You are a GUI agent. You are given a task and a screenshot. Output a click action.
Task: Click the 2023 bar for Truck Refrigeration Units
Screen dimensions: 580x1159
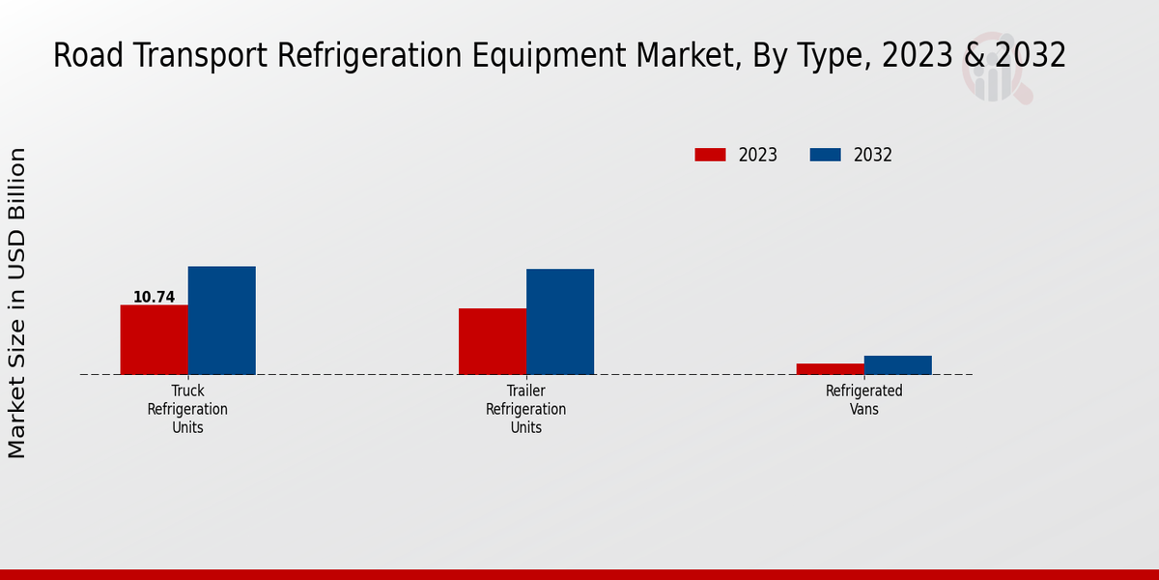coord(154,339)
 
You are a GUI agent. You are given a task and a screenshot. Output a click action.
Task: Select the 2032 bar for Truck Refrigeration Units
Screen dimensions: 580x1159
coord(221,320)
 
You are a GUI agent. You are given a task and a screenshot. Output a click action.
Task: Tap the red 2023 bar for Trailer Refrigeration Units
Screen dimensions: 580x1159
coord(493,341)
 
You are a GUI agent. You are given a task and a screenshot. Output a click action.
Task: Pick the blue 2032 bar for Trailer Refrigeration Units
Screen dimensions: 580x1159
coord(560,321)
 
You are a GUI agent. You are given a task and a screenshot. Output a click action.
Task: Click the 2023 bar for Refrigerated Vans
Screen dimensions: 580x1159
coord(830,368)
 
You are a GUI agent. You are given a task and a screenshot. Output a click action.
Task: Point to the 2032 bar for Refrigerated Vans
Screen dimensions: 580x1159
coord(898,364)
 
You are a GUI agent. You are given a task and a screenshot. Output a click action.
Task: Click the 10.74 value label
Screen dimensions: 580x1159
coord(154,297)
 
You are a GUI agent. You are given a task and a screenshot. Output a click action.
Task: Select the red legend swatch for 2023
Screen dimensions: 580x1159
coord(710,155)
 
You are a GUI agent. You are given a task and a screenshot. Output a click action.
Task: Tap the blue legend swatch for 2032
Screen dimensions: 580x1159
coord(825,155)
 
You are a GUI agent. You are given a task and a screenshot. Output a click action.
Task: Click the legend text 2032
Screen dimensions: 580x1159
coord(872,155)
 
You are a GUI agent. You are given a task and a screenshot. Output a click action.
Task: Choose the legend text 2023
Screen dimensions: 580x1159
coord(758,155)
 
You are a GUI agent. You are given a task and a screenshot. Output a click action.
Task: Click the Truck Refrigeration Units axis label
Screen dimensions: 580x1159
coord(187,409)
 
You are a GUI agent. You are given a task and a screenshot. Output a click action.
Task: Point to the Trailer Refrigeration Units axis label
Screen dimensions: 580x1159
coord(526,409)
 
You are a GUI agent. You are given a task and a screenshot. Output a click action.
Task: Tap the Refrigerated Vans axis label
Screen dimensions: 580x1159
coord(863,399)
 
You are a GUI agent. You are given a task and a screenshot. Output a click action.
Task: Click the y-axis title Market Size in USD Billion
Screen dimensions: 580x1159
coord(17,303)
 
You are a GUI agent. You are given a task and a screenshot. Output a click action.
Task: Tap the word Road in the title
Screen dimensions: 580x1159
coord(81,56)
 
